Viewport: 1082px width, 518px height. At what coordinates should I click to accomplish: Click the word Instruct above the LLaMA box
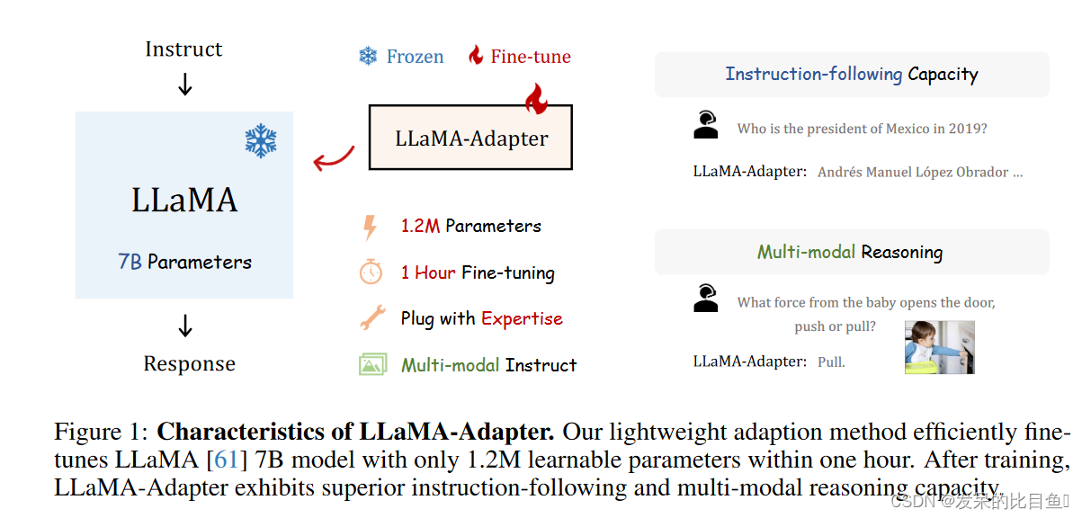(183, 49)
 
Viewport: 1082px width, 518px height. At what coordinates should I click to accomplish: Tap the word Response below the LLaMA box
(189, 364)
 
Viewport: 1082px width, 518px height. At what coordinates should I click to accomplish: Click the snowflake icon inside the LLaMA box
(261, 141)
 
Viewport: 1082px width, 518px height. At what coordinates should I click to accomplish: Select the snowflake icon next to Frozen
(368, 57)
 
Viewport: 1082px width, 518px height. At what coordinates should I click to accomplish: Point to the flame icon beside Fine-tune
(476, 56)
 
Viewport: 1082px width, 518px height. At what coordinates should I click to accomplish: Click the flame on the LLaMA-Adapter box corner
(536, 99)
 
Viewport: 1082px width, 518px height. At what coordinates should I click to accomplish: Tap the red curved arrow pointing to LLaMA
(333, 156)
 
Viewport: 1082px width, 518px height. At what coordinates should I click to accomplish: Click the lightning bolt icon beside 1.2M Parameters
(370, 227)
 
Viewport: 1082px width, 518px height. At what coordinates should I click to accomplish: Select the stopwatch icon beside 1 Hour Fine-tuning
(371, 272)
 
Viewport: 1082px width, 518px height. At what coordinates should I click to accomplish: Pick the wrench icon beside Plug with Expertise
(371, 318)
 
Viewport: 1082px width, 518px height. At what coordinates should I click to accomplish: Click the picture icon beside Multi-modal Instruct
(372, 365)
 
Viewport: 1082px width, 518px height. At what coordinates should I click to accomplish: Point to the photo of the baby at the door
(939, 347)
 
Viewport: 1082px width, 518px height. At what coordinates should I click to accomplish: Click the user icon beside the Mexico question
(706, 125)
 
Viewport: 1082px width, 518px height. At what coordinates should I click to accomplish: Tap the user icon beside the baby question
(706, 298)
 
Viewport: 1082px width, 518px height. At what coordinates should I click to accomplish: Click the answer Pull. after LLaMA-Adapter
(831, 362)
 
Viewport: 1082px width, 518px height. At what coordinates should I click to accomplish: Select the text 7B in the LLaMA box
(130, 263)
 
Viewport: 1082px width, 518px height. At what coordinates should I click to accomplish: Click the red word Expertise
(522, 318)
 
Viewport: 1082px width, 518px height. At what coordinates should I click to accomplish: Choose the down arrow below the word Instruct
(185, 85)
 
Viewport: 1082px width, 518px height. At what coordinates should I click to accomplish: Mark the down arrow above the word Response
(185, 326)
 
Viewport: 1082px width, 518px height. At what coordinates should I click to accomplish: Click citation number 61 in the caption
(226, 460)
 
